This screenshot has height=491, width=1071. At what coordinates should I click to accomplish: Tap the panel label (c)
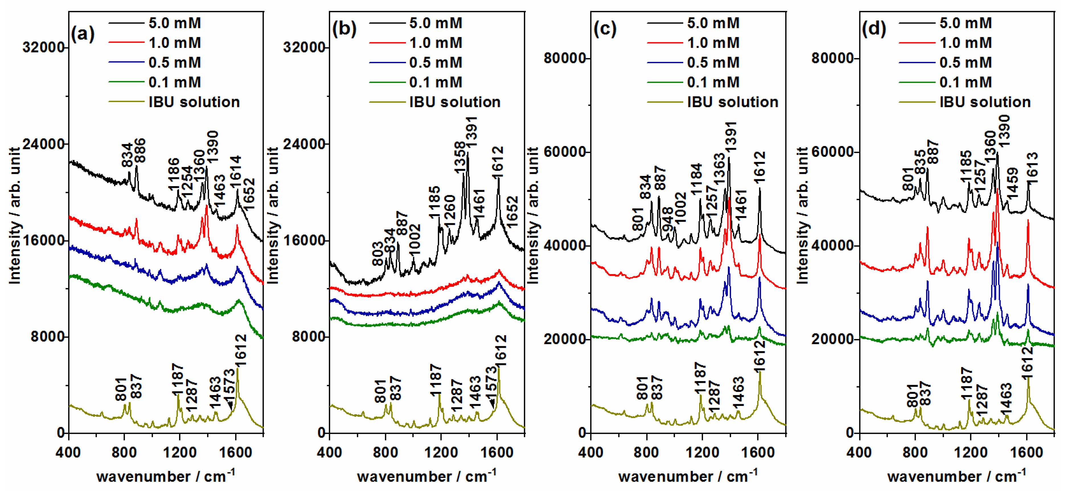(605, 29)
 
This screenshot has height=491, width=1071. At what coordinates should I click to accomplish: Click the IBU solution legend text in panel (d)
(985, 102)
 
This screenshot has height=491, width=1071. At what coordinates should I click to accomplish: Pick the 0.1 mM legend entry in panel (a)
(175, 82)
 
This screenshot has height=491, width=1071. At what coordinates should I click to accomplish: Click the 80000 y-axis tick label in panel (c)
(565, 58)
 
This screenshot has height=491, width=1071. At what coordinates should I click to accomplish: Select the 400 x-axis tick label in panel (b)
(329, 452)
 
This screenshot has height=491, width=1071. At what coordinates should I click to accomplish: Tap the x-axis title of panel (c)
(688, 476)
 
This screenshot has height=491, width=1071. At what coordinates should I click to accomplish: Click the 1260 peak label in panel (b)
(450, 211)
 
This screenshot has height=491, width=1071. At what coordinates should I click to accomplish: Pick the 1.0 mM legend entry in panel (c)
(713, 42)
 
